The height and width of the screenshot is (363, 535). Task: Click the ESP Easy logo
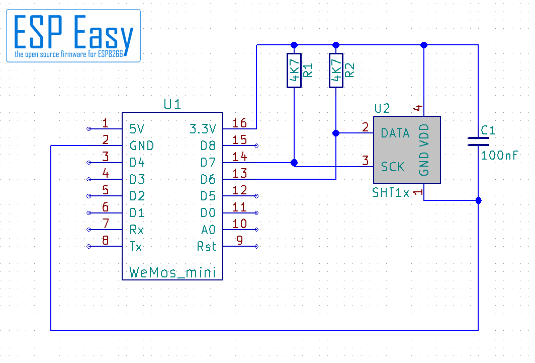[73, 36]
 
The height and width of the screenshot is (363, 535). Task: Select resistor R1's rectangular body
[294, 70]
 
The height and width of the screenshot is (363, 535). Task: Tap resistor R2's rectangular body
[336, 70]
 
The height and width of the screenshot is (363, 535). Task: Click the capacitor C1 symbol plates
[478, 141]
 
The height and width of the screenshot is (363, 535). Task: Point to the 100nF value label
[499, 156]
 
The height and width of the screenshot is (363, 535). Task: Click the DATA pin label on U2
[395, 133]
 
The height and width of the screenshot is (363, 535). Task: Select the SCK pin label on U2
[392, 167]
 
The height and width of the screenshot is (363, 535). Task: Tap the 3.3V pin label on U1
[203, 129]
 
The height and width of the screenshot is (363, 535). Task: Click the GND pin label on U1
[142, 146]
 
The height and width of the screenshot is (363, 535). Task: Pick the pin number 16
[239, 123]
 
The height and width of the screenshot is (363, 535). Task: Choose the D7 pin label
[208, 162]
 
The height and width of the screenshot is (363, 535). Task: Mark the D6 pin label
[208, 179]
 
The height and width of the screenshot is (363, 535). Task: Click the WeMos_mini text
[172, 272]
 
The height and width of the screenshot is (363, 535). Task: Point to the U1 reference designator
[172, 104]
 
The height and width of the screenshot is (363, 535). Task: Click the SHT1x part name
[391, 193]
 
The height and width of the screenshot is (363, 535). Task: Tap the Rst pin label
[207, 246]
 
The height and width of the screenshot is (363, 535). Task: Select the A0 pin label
[208, 230]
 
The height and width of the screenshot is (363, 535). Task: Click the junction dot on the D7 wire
[294, 163]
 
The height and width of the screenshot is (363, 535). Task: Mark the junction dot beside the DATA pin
[336, 133]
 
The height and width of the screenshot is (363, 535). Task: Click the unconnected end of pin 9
[256, 246]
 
